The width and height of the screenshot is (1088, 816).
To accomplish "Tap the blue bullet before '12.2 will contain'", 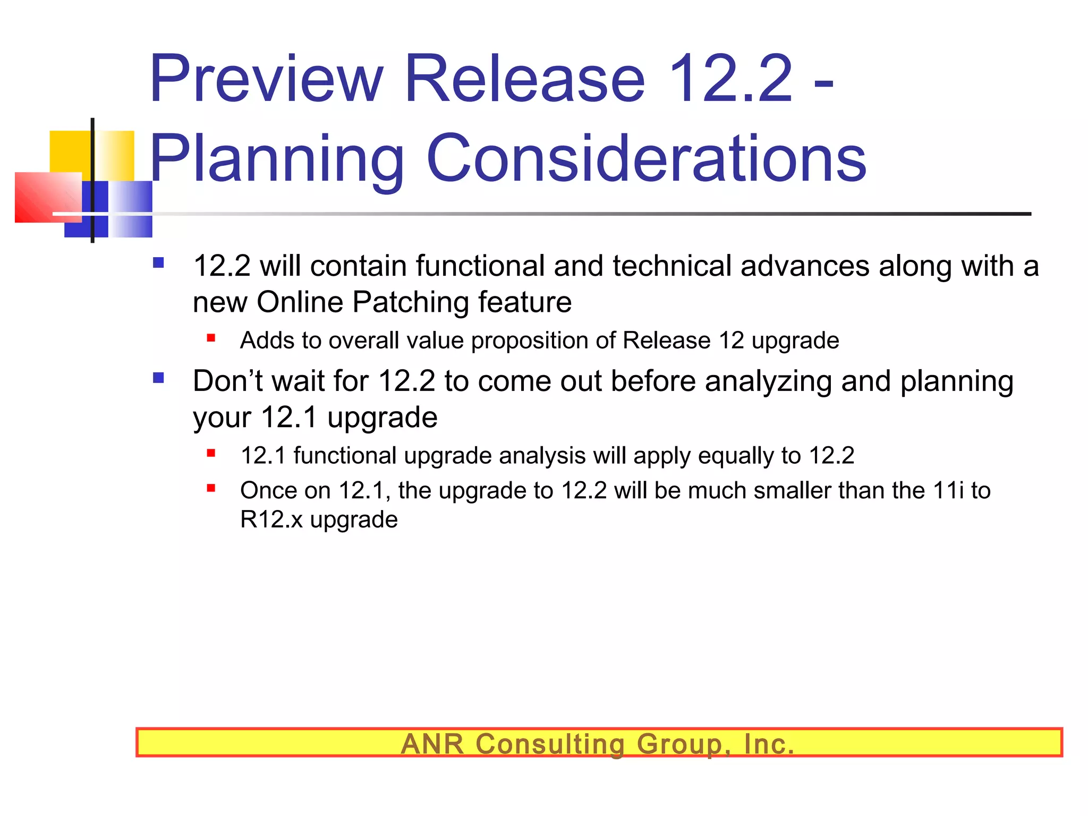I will pos(158,262).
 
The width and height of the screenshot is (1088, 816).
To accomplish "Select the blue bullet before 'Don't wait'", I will pos(158,378).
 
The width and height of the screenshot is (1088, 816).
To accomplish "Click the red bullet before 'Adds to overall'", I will pos(211,338).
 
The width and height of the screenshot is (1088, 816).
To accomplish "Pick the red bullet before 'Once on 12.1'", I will pos(211,488).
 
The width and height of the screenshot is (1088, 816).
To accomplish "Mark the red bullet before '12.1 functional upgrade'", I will pos(211,453).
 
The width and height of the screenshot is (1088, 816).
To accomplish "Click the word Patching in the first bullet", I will pos(410,302).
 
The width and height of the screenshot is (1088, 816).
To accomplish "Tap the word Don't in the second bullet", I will pos(227,381).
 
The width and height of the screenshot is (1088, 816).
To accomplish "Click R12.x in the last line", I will pos(271,519).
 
